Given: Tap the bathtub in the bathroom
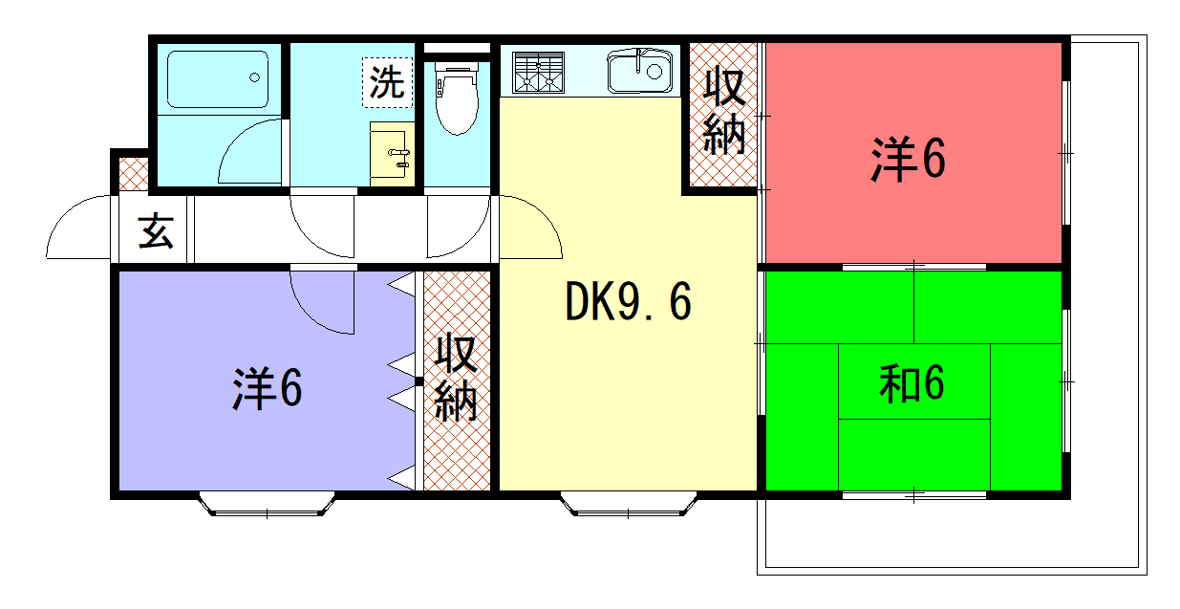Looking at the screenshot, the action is tap(218, 79).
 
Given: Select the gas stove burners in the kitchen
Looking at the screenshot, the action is tap(538, 73).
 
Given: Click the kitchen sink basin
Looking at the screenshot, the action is tap(639, 71).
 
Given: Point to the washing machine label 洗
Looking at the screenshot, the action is tap(387, 82).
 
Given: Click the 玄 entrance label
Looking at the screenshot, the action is tap(156, 230).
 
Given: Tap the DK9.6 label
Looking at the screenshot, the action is tap(628, 301).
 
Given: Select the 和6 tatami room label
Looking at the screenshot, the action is tap(912, 384).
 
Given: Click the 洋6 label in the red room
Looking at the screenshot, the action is tap(909, 159).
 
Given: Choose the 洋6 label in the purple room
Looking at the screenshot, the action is tap(268, 388).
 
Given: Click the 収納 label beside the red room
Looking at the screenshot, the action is tap(724, 112).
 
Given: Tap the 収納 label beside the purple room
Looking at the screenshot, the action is tap(456, 377).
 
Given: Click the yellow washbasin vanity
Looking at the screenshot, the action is tap(392, 154).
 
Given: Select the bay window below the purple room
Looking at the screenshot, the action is tap(267, 504).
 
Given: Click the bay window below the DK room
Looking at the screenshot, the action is tap(629, 504).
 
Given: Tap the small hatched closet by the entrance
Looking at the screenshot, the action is tap(133, 173).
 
